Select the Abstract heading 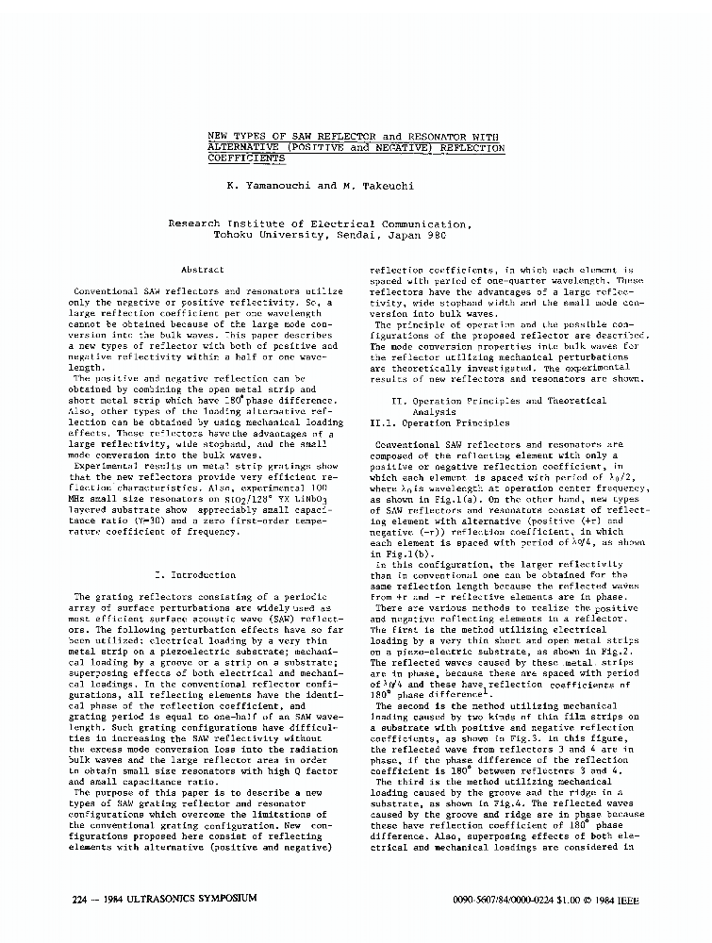coord(201,270)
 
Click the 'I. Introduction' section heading coord(193,574)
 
